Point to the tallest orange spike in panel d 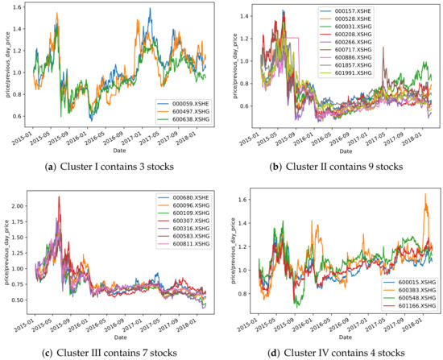[425, 194]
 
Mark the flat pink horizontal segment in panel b [292, 37]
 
